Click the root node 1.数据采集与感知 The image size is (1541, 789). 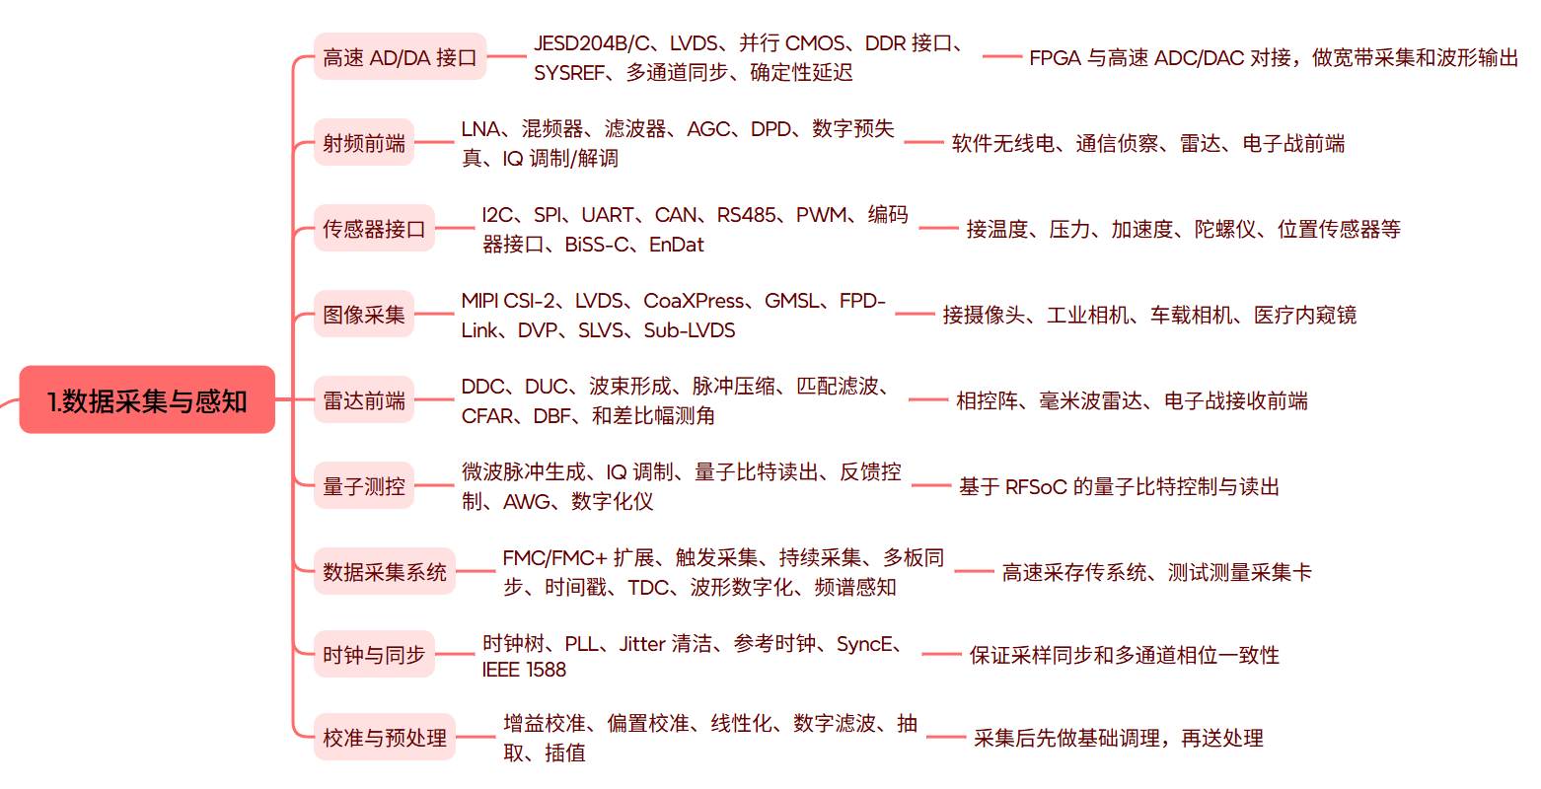(x=147, y=399)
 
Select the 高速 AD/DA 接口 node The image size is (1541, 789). (x=400, y=57)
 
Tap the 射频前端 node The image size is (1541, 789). (x=364, y=142)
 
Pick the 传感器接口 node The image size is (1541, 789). (x=374, y=229)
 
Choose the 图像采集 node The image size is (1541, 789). (x=364, y=315)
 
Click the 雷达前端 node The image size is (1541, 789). (x=364, y=400)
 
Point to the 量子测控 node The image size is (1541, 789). (x=364, y=486)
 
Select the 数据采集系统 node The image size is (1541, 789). (x=385, y=572)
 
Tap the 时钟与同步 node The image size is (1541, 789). (x=374, y=654)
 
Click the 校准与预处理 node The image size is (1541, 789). (x=385, y=738)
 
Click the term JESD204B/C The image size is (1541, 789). (x=592, y=43)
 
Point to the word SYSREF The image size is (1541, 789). (x=569, y=73)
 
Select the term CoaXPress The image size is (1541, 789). (x=694, y=301)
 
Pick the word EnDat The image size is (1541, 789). (x=676, y=245)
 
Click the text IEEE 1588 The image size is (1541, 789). (x=524, y=670)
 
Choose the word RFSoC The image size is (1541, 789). (x=1035, y=487)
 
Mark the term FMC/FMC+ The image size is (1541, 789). (x=554, y=558)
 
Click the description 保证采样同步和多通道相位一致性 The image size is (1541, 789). (x=1124, y=655)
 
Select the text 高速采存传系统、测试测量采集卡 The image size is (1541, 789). (x=1156, y=572)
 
